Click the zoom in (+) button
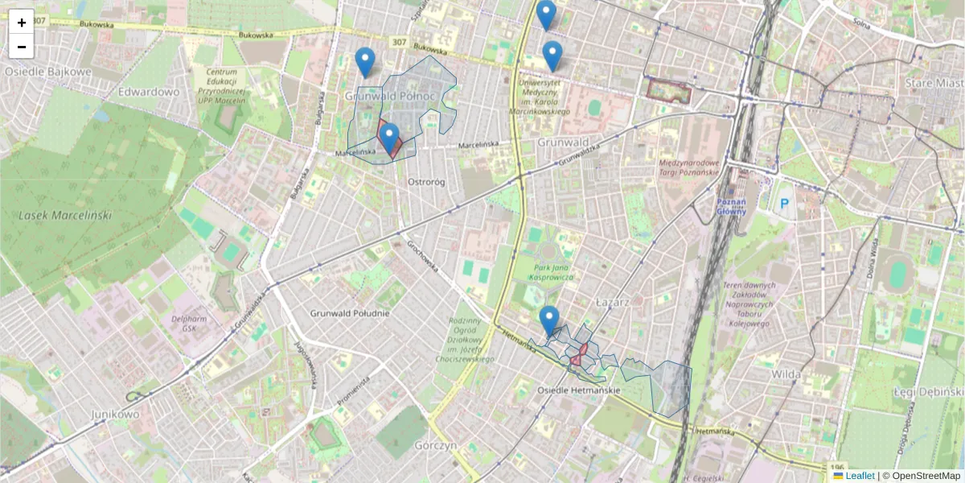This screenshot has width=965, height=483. (x=22, y=22)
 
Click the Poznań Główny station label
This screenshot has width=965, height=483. (x=731, y=206)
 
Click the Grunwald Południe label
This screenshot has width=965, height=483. (x=350, y=313)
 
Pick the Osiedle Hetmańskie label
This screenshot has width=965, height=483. (x=578, y=390)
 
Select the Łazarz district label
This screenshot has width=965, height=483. (x=610, y=300)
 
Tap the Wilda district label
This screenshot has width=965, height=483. (x=786, y=374)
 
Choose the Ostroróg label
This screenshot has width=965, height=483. (x=426, y=182)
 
